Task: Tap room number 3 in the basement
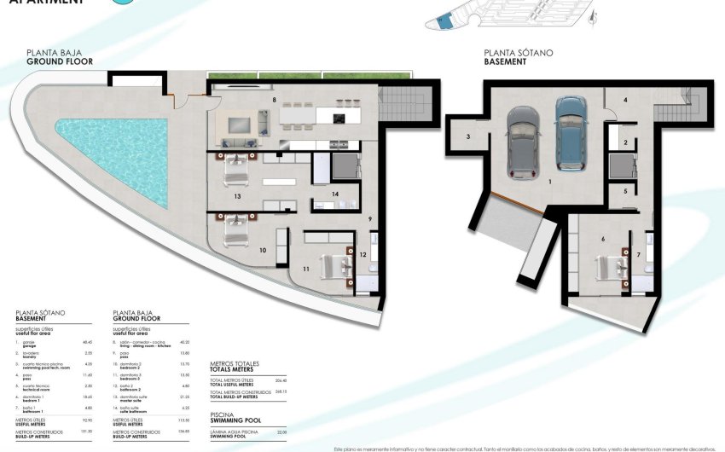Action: click(x=468, y=136)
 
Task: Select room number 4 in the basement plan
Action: click(x=625, y=101)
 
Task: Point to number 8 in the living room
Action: click(x=274, y=101)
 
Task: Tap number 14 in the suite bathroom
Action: click(x=335, y=194)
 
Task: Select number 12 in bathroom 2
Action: click(x=362, y=254)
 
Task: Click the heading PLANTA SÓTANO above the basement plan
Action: click(x=518, y=53)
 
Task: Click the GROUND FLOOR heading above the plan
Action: click(x=60, y=62)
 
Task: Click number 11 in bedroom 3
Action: click(x=304, y=269)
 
